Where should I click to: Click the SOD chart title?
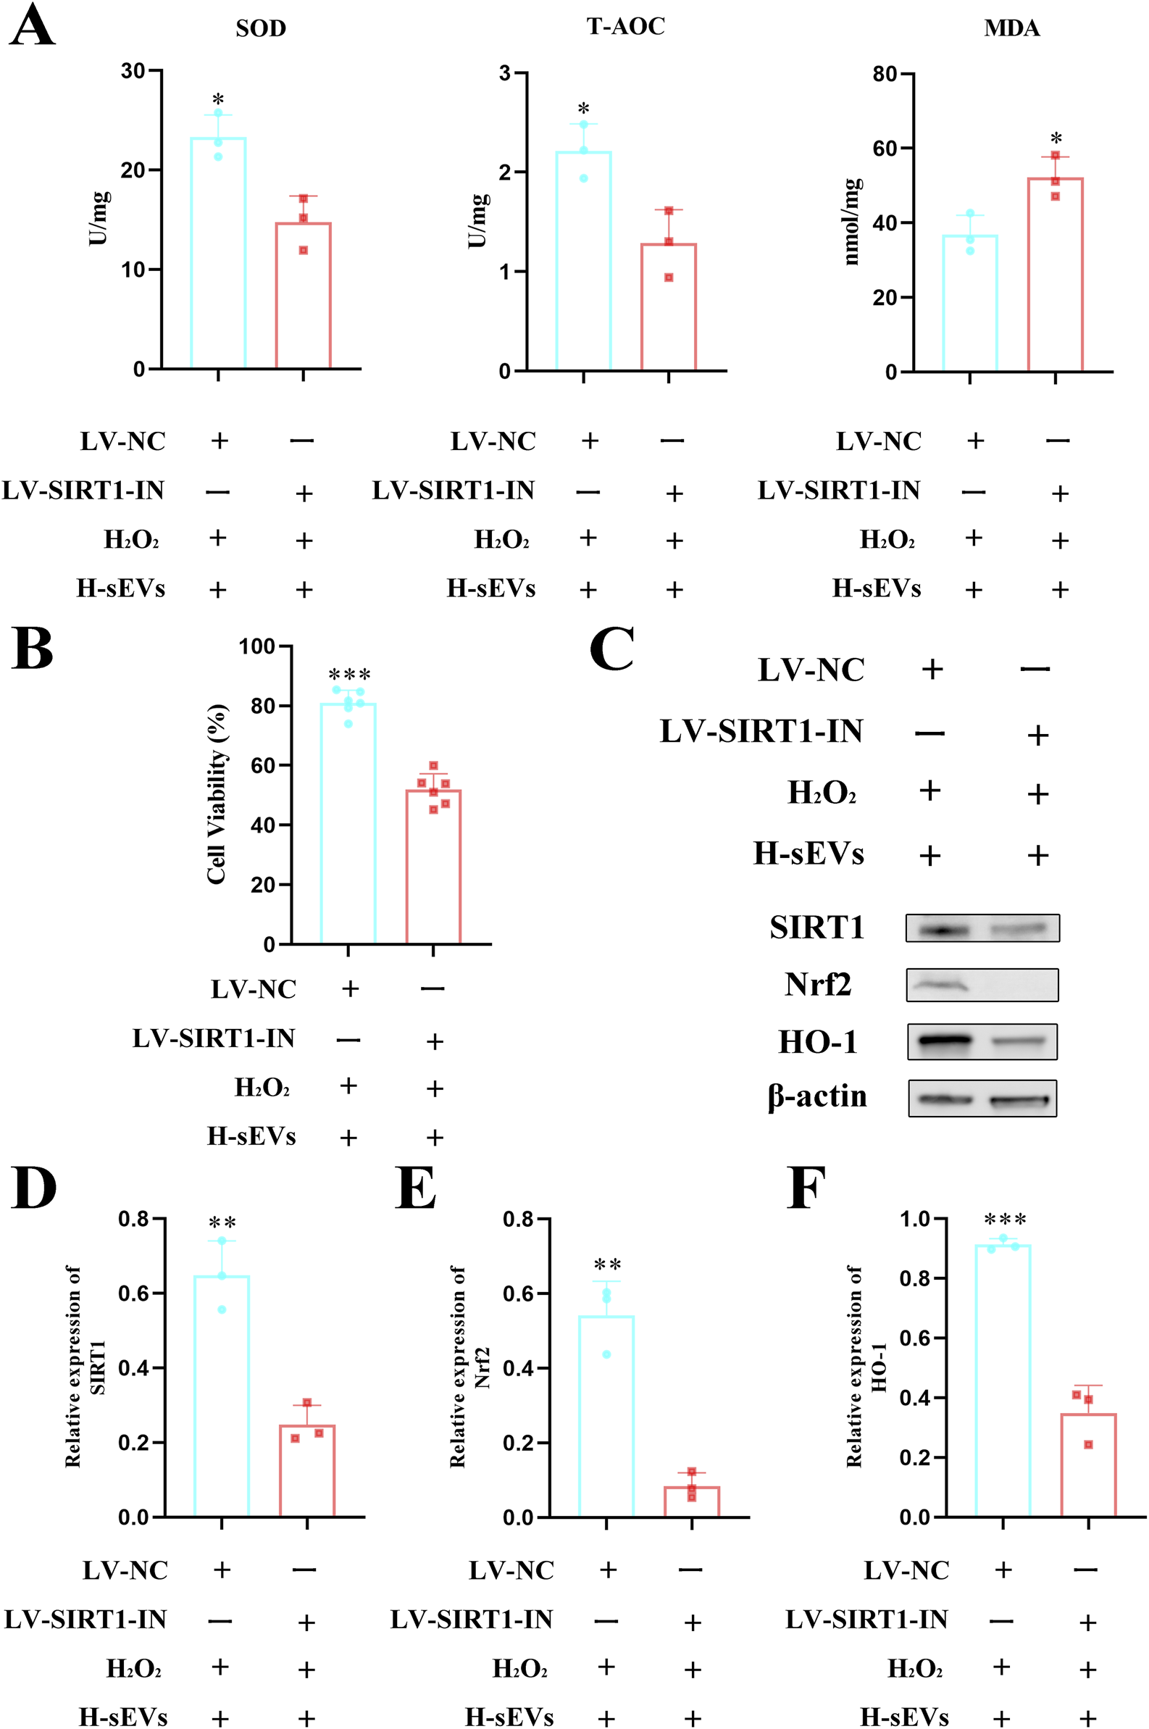(261, 28)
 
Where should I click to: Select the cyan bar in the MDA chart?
(969, 303)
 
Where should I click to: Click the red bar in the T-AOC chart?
(668, 307)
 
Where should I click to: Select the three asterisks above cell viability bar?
(349, 675)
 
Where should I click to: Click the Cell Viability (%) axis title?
(217, 793)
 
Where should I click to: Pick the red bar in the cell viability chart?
(433, 867)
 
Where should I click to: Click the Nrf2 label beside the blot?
(817, 984)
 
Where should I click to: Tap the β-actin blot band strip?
(982, 1098)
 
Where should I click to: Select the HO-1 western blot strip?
(982, 1041)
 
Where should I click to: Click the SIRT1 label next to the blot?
(816, 927)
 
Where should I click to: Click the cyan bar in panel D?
(221, 1396)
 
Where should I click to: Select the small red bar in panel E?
(692, 1501)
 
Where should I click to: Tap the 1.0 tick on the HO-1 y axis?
(914, 1220)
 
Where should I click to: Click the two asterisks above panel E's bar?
(608, 1265)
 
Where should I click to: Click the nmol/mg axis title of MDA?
(851, 221)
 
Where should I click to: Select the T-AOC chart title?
(626, 26)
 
